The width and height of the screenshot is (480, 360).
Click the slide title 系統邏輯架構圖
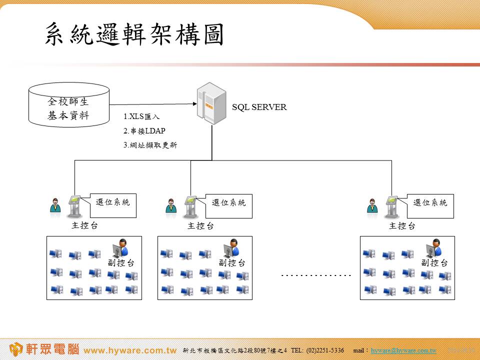(133, 34)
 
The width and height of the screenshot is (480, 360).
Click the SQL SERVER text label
(259, 107)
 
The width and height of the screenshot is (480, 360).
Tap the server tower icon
(211, 103)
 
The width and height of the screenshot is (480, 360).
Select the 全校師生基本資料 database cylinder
(69, 105)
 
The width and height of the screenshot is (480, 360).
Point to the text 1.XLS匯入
(141, 117)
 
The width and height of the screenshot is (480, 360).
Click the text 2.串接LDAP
(144, 131)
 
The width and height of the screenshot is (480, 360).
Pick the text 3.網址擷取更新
(149, 145)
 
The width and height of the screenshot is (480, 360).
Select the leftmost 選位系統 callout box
(113, 205)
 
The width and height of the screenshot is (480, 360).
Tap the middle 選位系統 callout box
(229, 205)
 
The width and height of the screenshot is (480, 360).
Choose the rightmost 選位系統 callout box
(430, 205)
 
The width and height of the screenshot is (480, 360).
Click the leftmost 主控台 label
(85, 225)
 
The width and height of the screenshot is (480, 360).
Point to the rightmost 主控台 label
(402, 226)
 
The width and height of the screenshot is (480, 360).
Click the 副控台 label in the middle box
(232, 262)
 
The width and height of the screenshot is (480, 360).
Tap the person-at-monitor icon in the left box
(120, 247)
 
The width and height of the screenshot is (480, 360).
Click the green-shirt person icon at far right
(372, 205)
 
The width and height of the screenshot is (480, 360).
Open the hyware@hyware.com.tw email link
(403, 350)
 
